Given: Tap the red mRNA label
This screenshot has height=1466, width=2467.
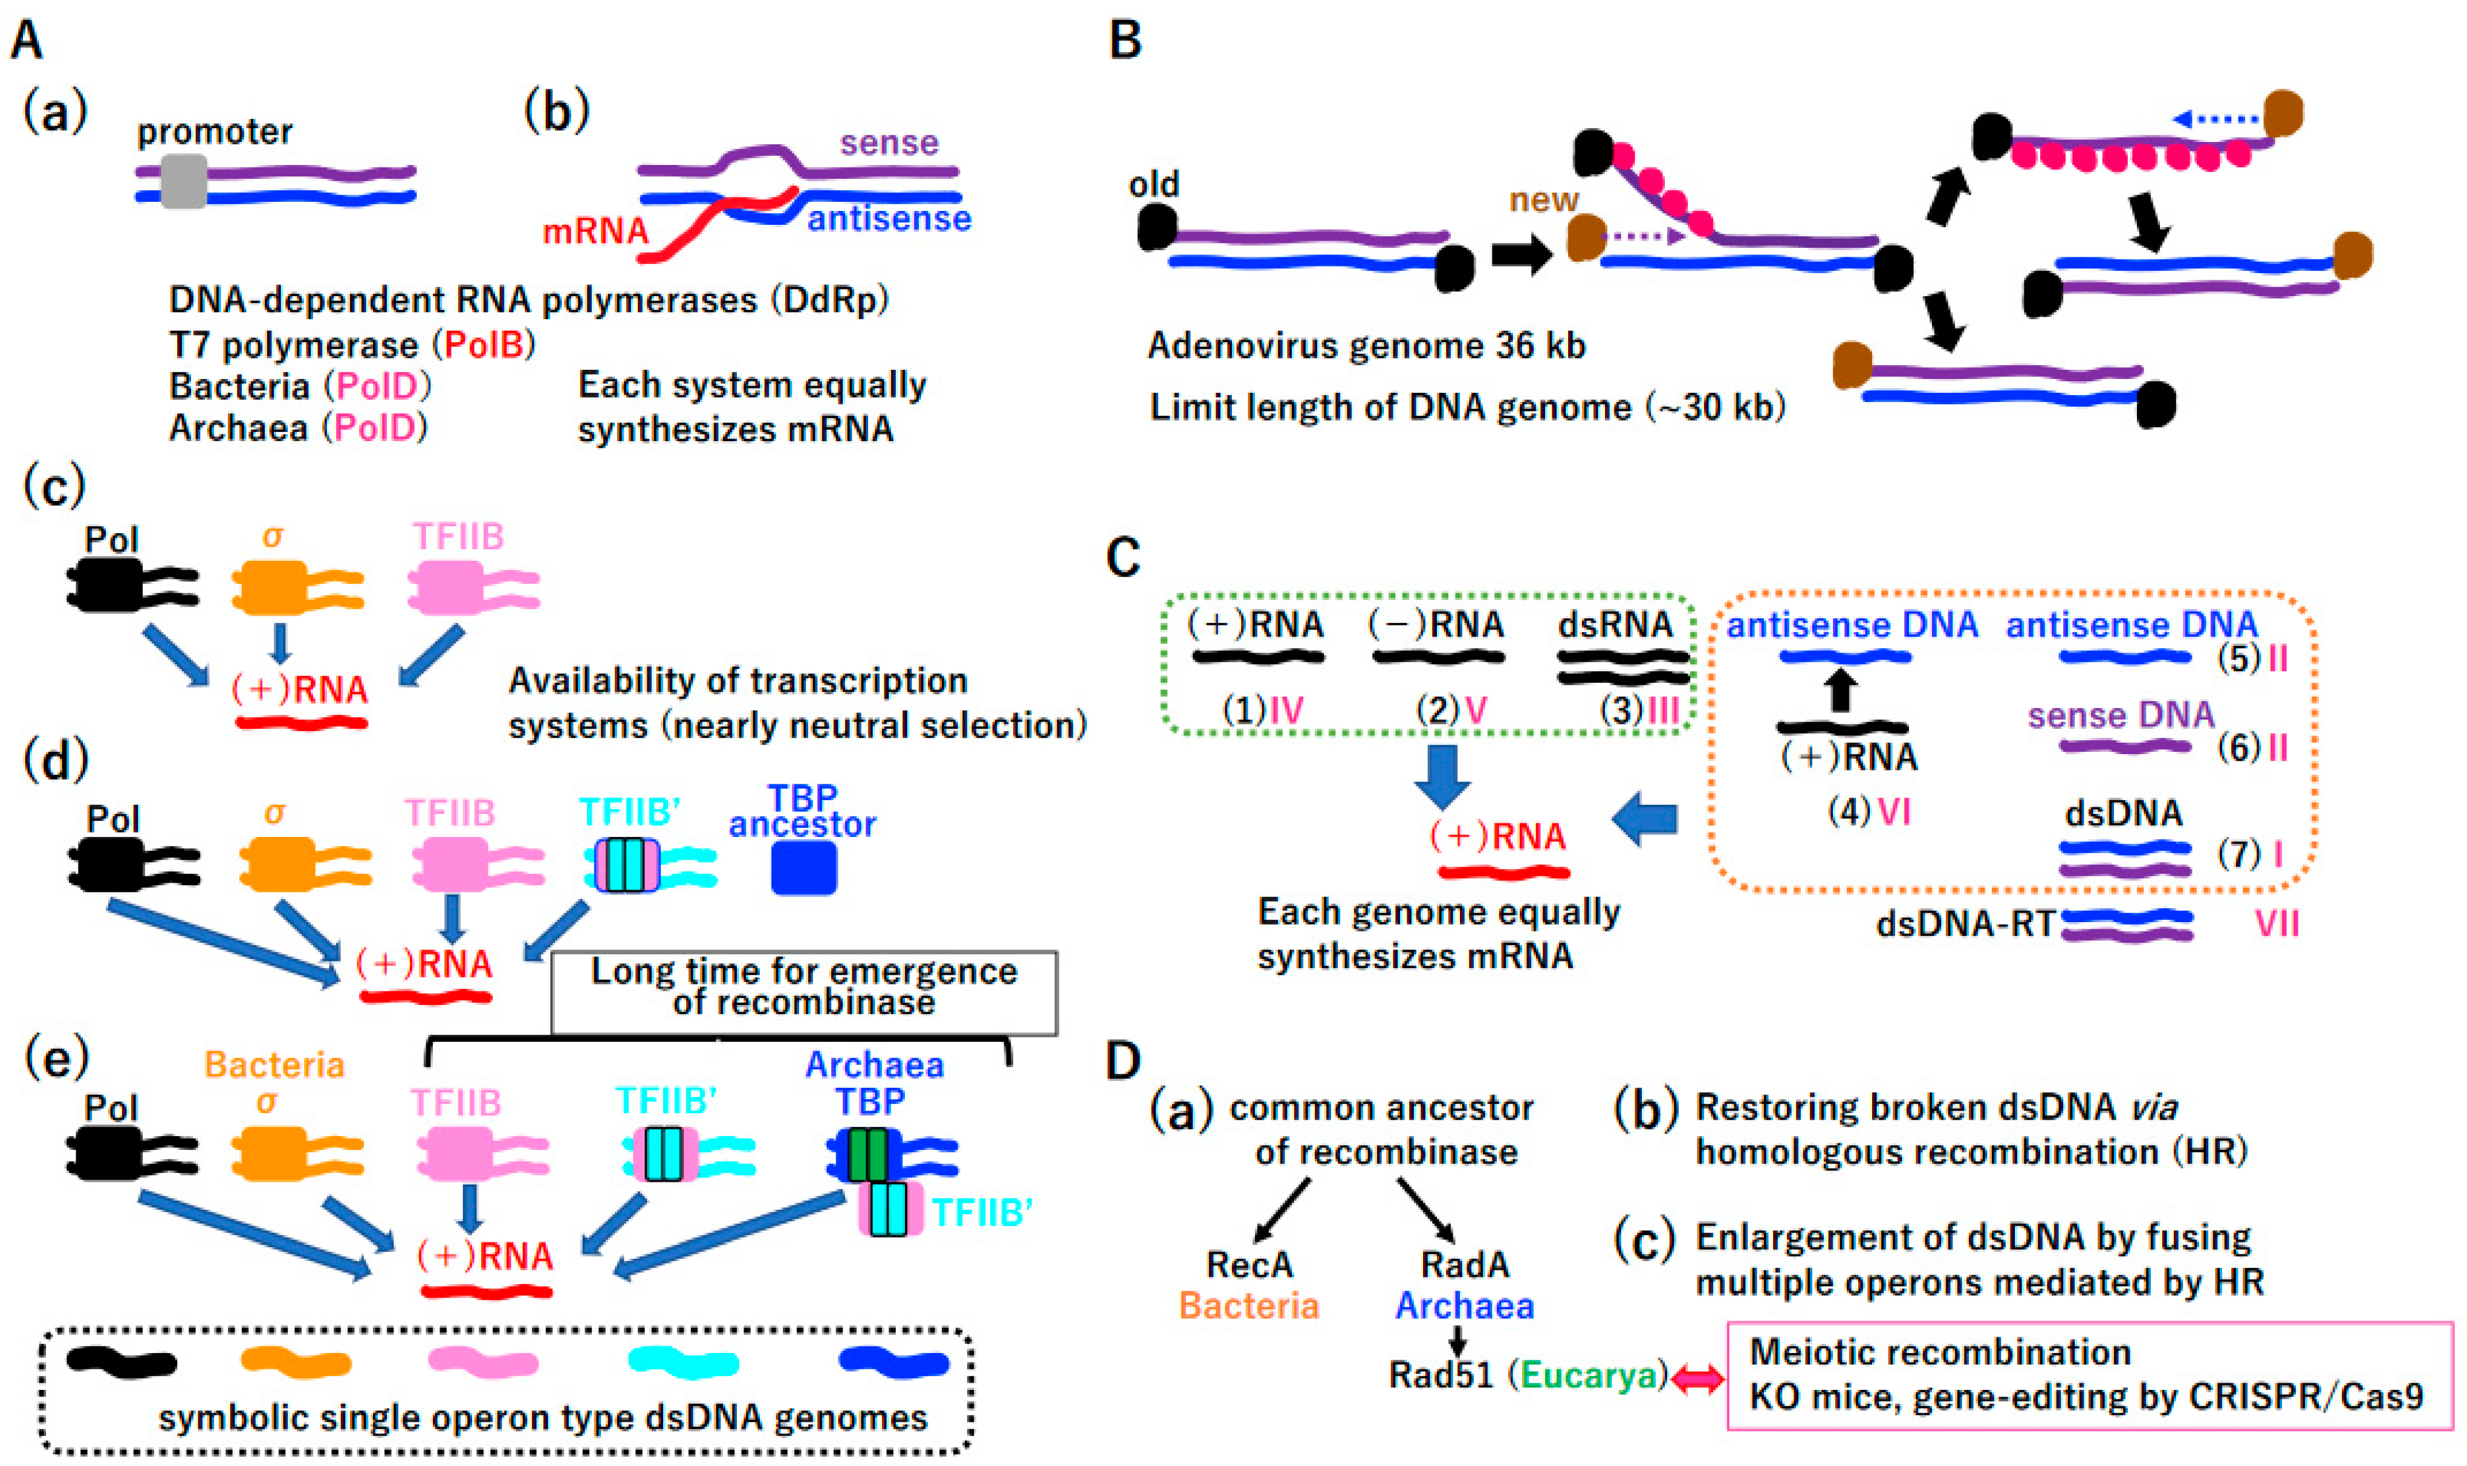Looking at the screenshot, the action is [x=596, y=231].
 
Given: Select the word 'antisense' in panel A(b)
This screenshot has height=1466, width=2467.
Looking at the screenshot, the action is [x=889, y=218].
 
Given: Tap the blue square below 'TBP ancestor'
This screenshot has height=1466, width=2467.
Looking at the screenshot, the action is [x=803, y=867].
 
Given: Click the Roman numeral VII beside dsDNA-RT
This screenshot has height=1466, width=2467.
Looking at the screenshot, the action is [x=2277, y=925].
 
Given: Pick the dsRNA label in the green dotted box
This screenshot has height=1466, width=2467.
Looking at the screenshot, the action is [x=1615, y=624].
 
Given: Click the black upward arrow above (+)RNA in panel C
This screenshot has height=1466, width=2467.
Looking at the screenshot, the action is [x=1840, y=691].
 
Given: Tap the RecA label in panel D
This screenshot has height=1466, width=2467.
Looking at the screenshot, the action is [x=1249, y=1265].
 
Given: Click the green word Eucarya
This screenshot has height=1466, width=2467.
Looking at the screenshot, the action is [x=1587, y=1375].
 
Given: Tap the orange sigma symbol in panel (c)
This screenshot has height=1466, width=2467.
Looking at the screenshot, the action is [x=273, y=537].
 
